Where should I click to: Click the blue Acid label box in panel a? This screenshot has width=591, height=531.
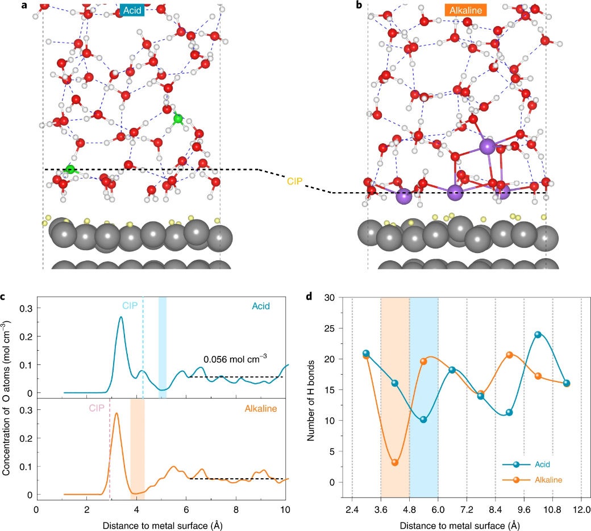click(132, 11)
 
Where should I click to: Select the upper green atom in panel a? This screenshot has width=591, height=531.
click(178, 118)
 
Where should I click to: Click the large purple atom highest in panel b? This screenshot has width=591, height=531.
click(487, 147)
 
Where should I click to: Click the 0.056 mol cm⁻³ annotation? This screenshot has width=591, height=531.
click(235, 359)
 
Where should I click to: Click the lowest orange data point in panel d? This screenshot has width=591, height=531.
click(395, 462)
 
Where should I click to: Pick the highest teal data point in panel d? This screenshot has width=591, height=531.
click(538, 334)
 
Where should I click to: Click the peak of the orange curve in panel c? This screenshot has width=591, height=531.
click(117, 413)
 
